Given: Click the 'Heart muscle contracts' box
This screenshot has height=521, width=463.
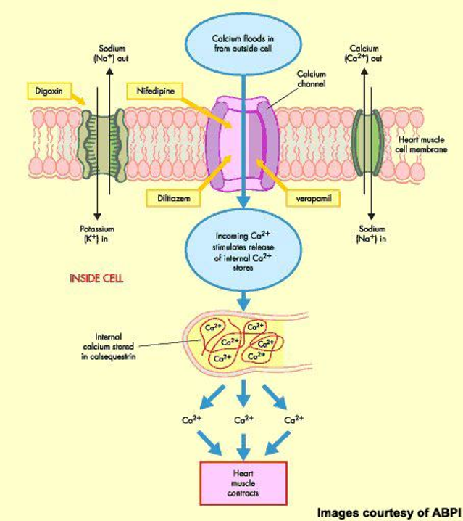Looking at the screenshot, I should point(243,483).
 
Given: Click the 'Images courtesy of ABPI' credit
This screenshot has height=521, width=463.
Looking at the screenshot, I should point(388,512).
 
